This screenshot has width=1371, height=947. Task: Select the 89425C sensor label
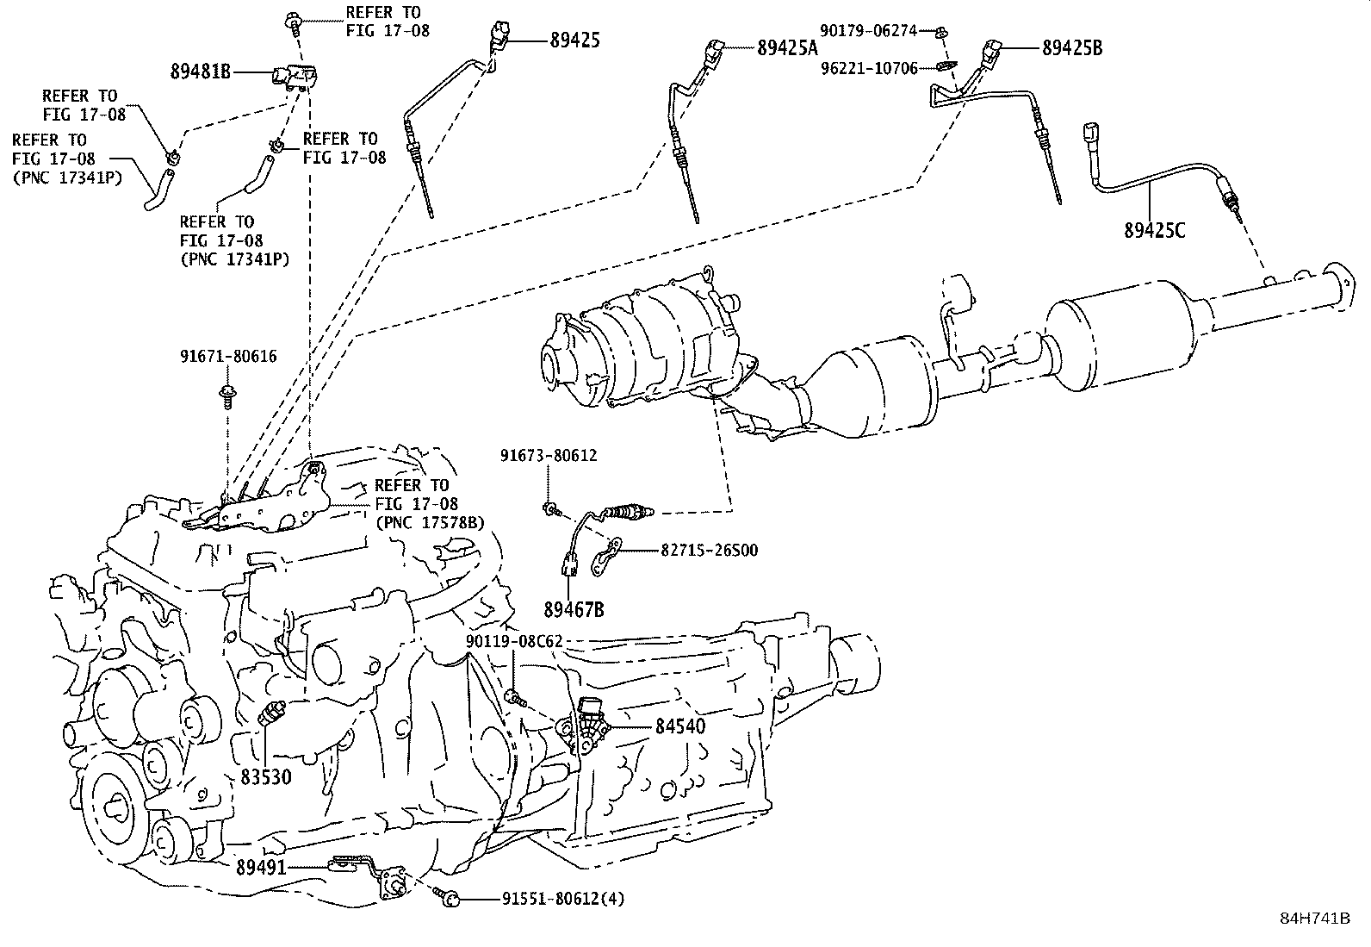click(x=1154, y=230)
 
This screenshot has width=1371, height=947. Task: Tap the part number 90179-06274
click(x=868, y=31)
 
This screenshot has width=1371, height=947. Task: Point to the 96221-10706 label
click(x=868, y=67)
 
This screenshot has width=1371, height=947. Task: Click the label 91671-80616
click(x=228, y=356)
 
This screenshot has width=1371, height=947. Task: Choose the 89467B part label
click(x=573, y=610)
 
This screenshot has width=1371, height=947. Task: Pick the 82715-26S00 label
click(x=709, y=550)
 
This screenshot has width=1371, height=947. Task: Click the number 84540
click(x=679, y=726)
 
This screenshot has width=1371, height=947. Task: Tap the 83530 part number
click(x=265, y=776)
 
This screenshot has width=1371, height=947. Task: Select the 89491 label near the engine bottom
click(x=260, y=869)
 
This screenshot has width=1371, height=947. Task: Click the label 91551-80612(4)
click(x=563, y=899)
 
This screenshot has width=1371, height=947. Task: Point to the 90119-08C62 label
click(x=514, y=642)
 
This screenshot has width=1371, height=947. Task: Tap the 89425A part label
click(x=787, y=48)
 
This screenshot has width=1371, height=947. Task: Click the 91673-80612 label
click(x=549, y=456)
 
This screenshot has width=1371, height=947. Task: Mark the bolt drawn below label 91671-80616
click(x=228, y=398)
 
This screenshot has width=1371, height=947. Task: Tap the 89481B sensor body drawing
click(x=292, y=77)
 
